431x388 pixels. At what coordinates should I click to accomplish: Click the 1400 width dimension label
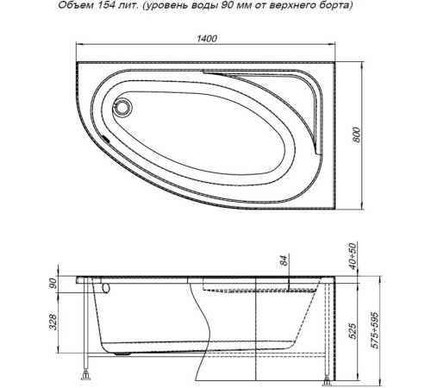(206, 39)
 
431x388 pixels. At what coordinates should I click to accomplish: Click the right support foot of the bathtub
(327, 376)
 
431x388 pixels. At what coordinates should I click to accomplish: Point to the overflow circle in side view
(106, 290)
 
